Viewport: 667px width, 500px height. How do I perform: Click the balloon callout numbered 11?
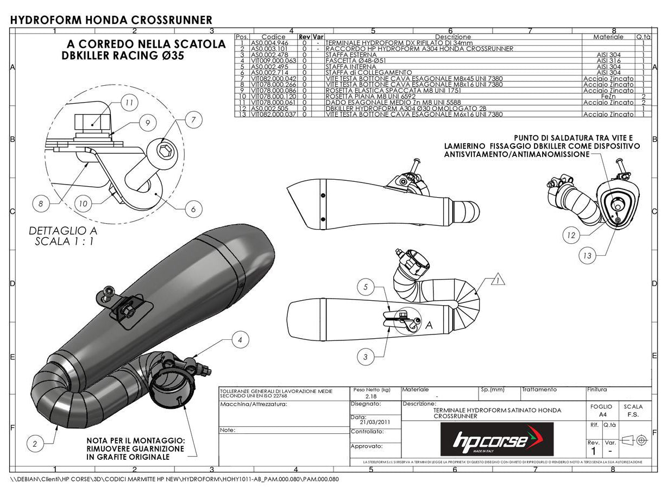tap(128, 102)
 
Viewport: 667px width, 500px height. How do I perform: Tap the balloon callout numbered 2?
tap(35, 444)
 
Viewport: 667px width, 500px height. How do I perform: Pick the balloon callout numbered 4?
tap(241, 340)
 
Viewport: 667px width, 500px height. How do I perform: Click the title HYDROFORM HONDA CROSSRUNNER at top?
tap(111, 20)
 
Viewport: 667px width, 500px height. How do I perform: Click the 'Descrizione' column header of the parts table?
tap(452, 37)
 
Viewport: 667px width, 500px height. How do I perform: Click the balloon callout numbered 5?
tap(366, 287)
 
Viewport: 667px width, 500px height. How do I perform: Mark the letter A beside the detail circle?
tap(428, 326)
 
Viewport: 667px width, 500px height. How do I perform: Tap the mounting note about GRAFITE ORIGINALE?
tap(135, 448)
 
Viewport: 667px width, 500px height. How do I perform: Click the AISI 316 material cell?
tap(608, 60)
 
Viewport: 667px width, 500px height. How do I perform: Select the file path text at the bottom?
tap(175, 479)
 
